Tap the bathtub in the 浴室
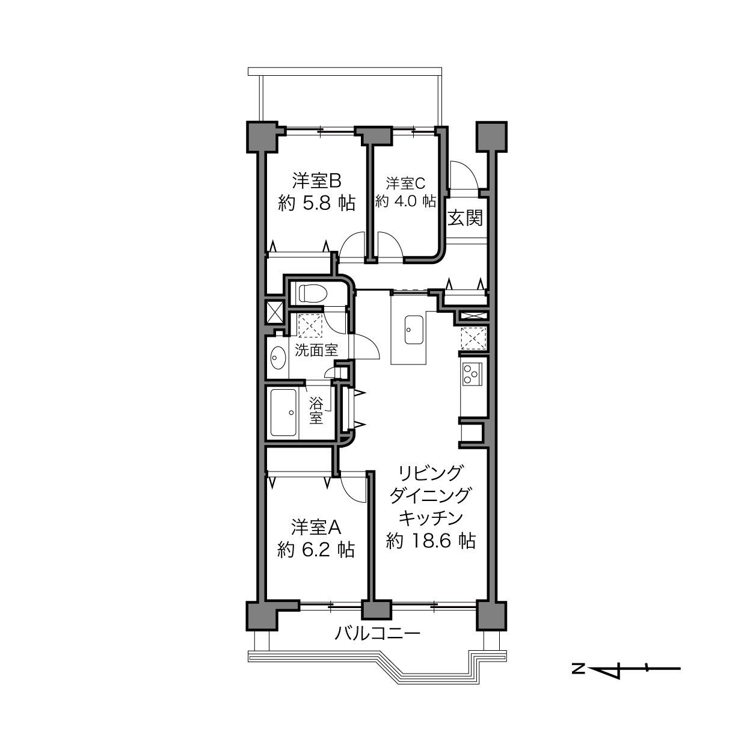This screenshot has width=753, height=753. point(283,413)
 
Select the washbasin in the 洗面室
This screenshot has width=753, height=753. point(278,357)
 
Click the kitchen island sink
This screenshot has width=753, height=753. point(414,330)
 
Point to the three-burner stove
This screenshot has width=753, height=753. point(472,374)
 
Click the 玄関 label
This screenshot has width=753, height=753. point(465,218)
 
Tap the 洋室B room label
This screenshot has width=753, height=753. point(316,181)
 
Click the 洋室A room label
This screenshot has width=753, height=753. point(316,527)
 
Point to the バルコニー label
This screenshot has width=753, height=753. point(378,633)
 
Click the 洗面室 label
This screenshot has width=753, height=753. point(316,350)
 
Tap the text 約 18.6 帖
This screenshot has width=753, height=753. point(431,541)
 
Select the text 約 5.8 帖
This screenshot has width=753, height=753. point(316,203)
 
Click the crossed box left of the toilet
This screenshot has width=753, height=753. point(275,312)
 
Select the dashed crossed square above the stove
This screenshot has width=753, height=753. point(473,339)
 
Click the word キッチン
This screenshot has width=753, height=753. point(431,518)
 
